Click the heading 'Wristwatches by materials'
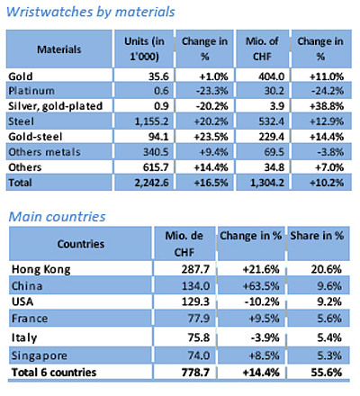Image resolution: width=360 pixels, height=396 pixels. (x=90, y=13)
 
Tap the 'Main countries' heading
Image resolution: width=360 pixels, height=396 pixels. (x=57, y=217)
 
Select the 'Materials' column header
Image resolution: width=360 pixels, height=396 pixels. (x=59, y=49)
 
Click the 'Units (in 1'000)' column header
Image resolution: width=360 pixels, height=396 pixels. (x=144, y=49)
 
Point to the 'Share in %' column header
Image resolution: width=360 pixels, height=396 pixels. (x=317, y=236)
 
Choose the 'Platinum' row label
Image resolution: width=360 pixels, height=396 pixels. (x=31, y=91)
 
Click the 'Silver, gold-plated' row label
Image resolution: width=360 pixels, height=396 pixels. (x=56, y=106)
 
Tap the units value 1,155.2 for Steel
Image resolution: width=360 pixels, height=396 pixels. (x=151, y=121)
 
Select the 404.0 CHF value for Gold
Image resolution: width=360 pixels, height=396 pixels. (x=272, y=76)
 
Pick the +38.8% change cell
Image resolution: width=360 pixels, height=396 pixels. (x=327, y=106)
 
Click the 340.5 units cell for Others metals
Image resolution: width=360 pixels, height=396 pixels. (x=156, y=152)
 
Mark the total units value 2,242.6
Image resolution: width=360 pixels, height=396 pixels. (x=151, y=183)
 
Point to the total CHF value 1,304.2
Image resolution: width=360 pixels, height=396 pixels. (x=267, y=183)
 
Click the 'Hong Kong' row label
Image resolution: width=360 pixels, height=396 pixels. (x=41, y=269)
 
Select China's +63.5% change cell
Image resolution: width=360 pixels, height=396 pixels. (x=261, y=286)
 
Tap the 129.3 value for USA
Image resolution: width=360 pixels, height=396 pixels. (x=195, y=301)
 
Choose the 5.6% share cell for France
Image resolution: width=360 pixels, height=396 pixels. (x=329, y=319)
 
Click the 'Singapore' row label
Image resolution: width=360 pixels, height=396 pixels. (x=40, y=355)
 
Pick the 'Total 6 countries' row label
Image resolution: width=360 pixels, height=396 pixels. (x=54, y=373)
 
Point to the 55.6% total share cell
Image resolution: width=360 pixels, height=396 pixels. (x=327, y=373)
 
